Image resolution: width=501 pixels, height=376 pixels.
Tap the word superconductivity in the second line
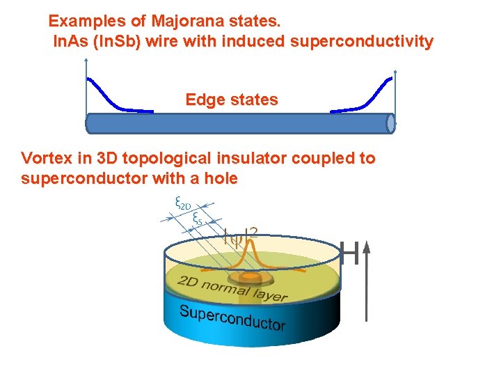361,41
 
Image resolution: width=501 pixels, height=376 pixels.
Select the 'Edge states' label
232,100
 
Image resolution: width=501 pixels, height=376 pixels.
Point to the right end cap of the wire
390,123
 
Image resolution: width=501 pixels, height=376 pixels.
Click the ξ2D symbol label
182,203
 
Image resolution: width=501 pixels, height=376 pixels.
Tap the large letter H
350,253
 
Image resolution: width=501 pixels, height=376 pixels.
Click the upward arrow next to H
367,279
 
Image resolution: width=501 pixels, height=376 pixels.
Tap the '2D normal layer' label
232,288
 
